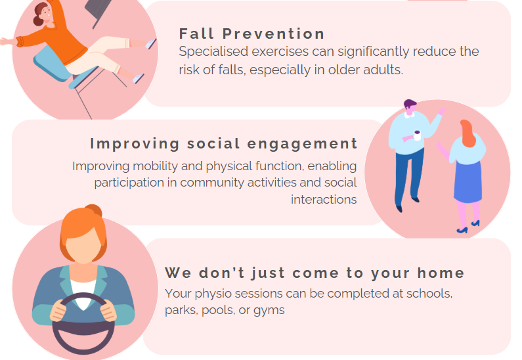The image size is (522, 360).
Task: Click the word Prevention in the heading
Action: click(273, 34)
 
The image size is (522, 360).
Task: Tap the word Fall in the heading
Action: click(196, 34)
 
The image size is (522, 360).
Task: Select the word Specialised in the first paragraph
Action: click(213, 52)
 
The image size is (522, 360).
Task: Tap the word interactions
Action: click(324, 199)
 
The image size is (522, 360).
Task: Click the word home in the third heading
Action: click(441, 273)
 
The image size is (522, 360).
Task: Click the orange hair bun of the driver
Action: click(93, 210)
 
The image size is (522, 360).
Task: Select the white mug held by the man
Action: click(417, 135)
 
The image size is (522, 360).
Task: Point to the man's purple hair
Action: click(410, 104)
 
